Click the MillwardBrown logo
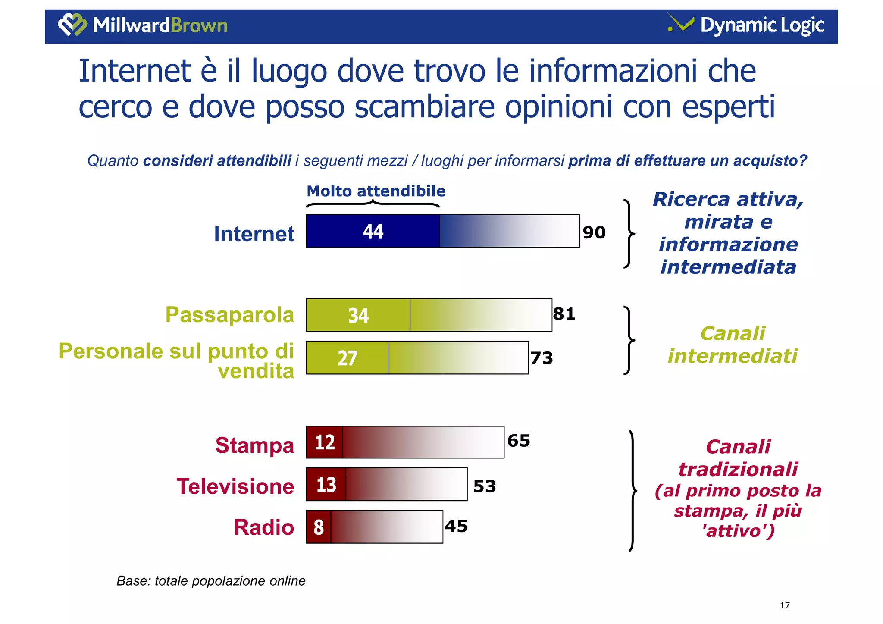(x=143, y=25)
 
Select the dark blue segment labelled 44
(x=373, y=231)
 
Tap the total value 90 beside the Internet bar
(x=594, y=232)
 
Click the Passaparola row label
(x=229, y=315)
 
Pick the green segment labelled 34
(x=358, y=315)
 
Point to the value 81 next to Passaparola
(x=564, y=314)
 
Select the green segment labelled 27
(x=347, y=358)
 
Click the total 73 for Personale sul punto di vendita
(x=542, y=358)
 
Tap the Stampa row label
(x=254, y=445)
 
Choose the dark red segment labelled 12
(x=325, y=442)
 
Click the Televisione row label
(x=235, y=486)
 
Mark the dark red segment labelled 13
(x=326, y=484)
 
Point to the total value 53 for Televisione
(x=485, y=486)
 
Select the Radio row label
(x=264, y=527)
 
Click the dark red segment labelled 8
(x=319, y=527)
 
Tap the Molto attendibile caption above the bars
(x=376, y=191)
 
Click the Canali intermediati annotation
(x=733, y=345)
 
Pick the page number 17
(x=784, y=605)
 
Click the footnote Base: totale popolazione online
(x=211, y=581)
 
